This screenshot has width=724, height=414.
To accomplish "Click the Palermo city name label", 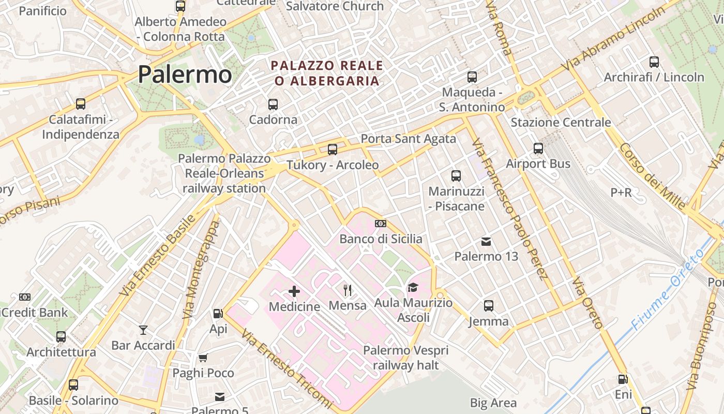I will [185, 74].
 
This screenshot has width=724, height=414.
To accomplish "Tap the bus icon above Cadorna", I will [273, 105].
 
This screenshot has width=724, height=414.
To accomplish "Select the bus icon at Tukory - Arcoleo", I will [333, 150].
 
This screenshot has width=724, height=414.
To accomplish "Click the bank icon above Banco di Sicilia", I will [381, 224].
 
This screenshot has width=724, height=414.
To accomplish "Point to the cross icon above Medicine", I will [294, 291].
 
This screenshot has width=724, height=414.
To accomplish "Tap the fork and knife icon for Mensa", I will [348, 290].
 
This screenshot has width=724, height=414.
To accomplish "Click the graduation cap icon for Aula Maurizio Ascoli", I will [413, 287].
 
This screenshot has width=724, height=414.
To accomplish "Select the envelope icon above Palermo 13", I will [486, 241].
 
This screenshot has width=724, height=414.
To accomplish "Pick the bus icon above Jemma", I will [489, 306].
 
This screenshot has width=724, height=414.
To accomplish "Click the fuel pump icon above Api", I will [218, 314].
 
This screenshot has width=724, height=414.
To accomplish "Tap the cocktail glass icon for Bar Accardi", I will [143, 330].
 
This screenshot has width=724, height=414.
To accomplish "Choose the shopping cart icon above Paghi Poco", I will [203, 358].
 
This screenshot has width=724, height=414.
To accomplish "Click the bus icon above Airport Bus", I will [538, 149].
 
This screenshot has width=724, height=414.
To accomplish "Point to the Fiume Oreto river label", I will [667, 290].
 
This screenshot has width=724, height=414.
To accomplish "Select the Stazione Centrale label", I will [561, 123].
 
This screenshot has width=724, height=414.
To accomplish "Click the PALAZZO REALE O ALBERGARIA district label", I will [327, 73].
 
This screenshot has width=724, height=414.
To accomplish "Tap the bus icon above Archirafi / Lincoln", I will [654, 62].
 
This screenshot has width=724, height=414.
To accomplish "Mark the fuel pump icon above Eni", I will [623, 379].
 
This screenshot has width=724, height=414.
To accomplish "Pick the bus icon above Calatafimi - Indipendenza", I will [81, 103].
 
